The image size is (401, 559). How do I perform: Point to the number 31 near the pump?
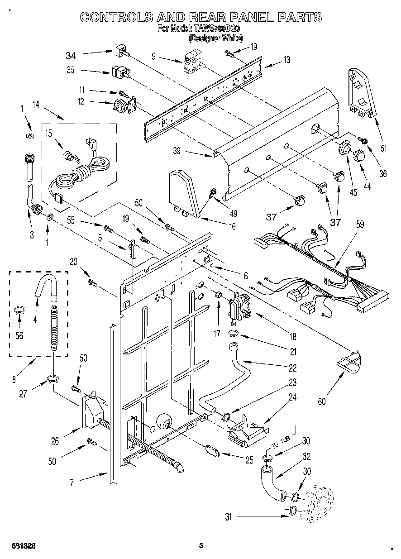228,516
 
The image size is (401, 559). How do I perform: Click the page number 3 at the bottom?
200,546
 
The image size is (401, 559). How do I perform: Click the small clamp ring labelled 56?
18,310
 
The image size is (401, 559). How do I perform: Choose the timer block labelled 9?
191,62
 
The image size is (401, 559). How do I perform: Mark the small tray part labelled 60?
350,362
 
